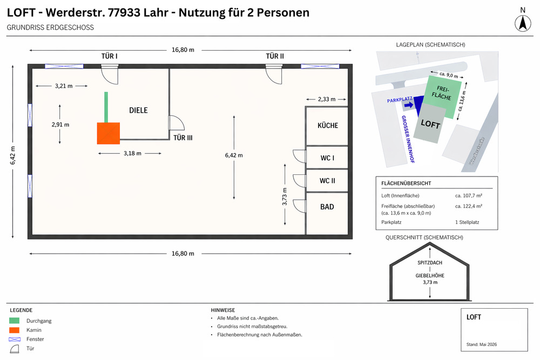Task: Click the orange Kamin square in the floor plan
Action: coord(108,133)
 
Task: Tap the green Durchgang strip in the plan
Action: coord(106,107)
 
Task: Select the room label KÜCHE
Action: coord(328,125)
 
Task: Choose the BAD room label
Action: coord(327,207)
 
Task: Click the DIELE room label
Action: coord(138,110)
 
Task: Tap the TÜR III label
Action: coord(183,138)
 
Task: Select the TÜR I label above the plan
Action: coord(110,56)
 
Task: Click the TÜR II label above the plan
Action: coord(275,56)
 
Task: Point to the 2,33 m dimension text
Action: coord(326,99)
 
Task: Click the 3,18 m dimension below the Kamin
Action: coord(132,153)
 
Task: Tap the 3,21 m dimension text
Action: coord(63,86)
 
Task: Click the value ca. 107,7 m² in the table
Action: coord(469,195)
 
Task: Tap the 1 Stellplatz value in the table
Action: coord(468,222)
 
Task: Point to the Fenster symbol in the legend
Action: coord(15,339)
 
